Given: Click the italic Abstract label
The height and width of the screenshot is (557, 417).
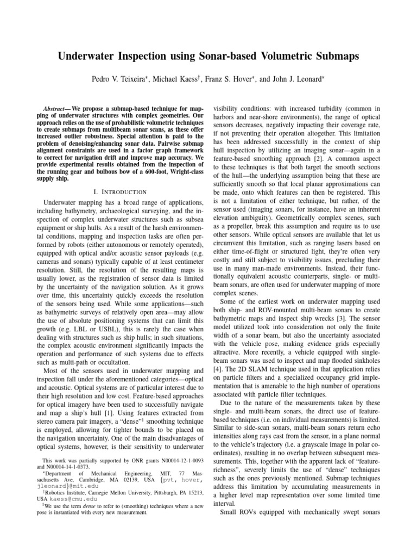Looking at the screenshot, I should [55, 109].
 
